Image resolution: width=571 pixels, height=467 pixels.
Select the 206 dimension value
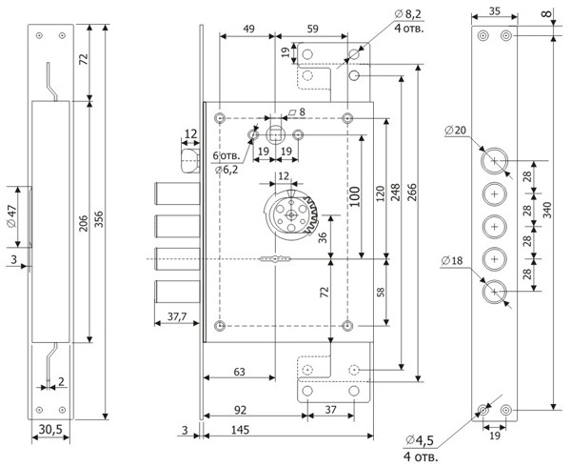coord(84,223)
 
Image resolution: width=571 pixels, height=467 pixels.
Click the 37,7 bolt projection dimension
coord(175,315)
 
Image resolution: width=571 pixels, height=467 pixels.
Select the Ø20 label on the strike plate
coord(456,131)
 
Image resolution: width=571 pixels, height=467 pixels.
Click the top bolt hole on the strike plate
coord(495,156)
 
